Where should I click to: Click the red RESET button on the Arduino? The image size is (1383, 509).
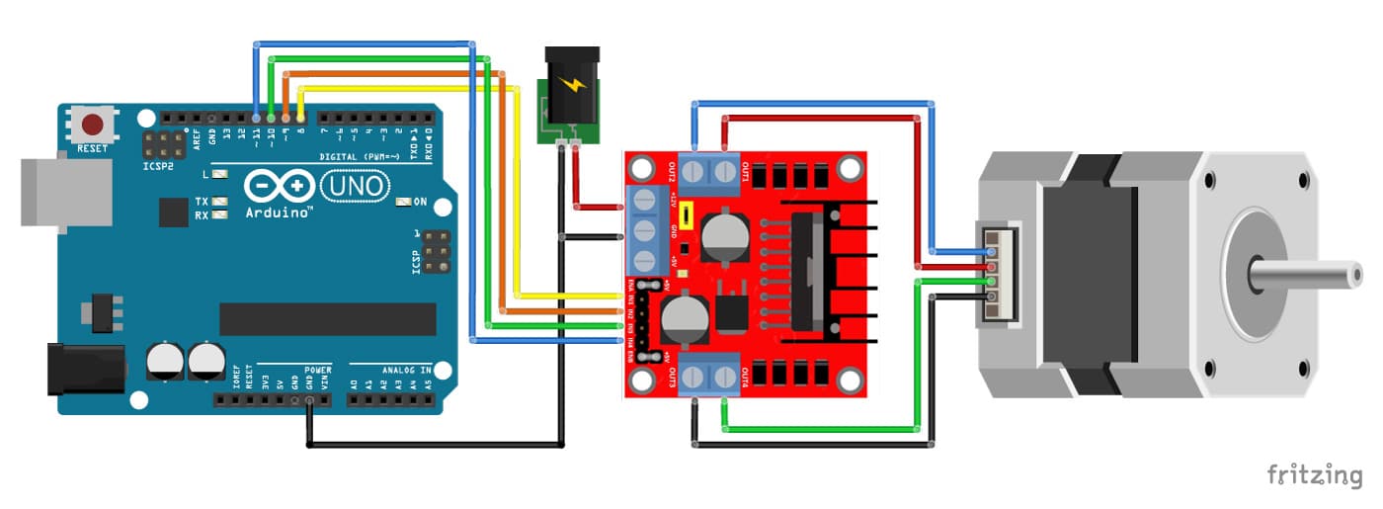94,126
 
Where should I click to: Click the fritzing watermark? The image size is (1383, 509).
1314,474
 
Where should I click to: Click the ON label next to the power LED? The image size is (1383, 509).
420,202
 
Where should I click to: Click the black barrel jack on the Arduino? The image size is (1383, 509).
87,371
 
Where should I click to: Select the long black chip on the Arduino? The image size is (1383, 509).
327,319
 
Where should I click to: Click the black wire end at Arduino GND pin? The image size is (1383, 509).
310,401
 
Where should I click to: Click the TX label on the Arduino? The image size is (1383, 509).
202,200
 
